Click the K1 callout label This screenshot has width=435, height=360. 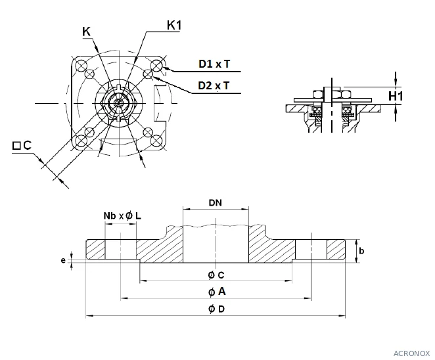(174, 25)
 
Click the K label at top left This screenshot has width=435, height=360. (86, 32)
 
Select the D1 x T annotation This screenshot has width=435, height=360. (214, 64)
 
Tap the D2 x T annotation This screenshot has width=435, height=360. (214, 85)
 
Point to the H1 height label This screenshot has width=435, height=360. (396, 96)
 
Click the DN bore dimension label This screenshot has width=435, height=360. (216, 203)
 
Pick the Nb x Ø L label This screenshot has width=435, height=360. (122, 215)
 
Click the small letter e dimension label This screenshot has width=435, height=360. (63, 260)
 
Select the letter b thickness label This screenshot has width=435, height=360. (361, 251)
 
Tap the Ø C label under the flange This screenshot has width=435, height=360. (216, 275)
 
